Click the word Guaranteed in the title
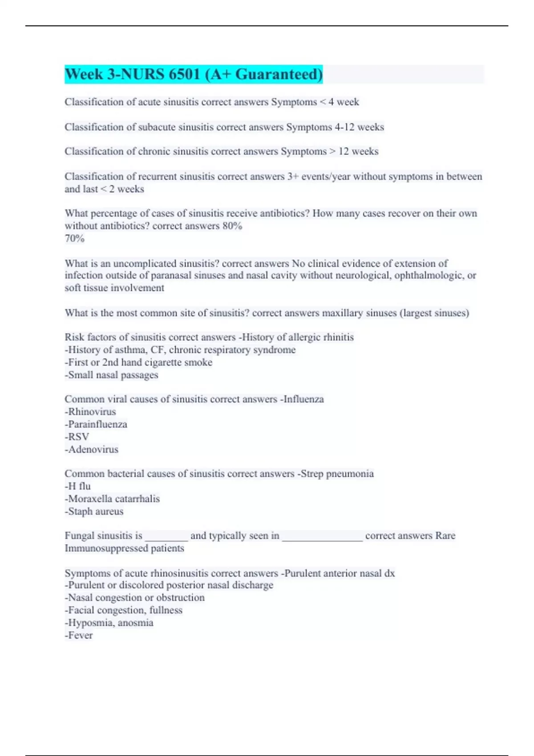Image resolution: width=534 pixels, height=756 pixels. pos(279,74)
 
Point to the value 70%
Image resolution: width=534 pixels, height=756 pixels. pos(74,238)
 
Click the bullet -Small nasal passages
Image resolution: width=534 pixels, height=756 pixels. pos(111,375)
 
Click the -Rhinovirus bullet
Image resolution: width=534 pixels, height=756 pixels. pos(90,412)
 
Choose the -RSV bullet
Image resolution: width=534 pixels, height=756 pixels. pos(77,437)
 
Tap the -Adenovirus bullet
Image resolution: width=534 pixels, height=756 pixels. pos(92,449)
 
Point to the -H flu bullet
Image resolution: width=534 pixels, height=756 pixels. pos(78,486)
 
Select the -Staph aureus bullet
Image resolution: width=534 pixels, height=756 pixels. pos(94,511)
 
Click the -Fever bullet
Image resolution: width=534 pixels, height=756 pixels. pos(79,635)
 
